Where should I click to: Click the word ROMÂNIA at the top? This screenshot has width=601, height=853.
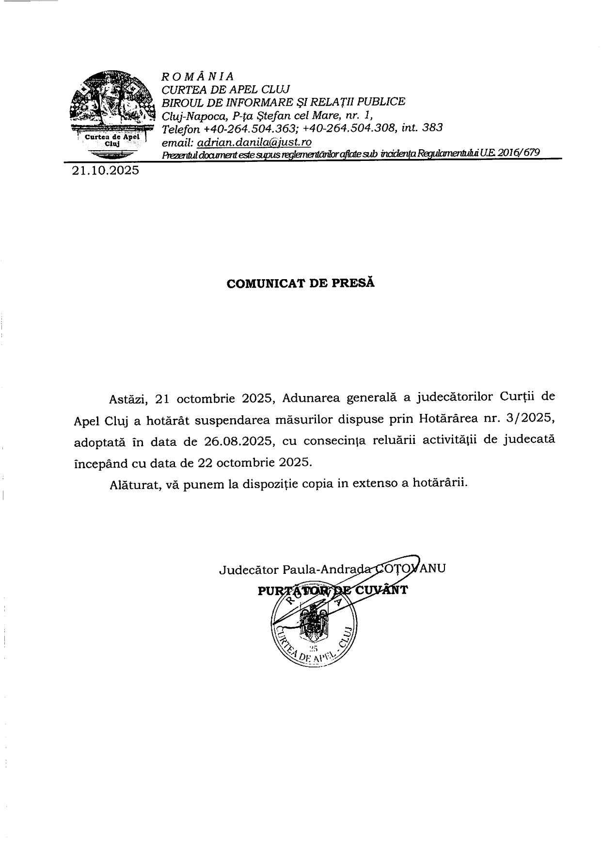click(x=198, y=77)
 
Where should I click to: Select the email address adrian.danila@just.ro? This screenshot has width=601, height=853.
click(x=254, y=142)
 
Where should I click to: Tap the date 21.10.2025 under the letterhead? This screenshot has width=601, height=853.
click(x=105, y=171)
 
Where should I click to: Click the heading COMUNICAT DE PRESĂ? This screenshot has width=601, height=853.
click(x=300, y=284)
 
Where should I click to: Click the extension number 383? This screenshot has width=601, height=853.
click(x=433, y=128)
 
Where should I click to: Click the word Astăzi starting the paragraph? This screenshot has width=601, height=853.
click(x=127, y=399)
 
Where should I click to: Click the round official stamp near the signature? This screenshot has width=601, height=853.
click(x=314, y=627)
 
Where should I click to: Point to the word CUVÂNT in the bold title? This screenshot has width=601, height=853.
click(x=381, y=590)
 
